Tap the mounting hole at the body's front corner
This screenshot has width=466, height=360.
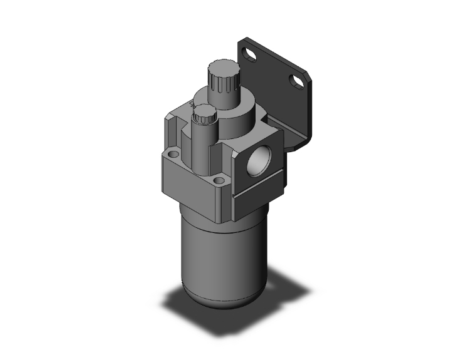tap(218, 182)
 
